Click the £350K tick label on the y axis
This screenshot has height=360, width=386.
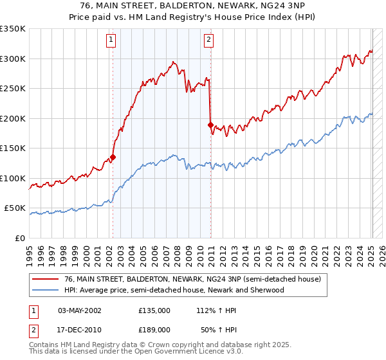tap(13, 29)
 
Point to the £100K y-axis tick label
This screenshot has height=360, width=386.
tap(13, 178)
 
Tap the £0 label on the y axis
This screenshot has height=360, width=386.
tap(19, 238)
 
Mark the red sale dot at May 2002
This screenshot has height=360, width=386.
tap(113, 157)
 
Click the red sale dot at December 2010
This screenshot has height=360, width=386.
tap(210, 125)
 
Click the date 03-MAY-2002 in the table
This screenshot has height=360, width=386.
tap(80, 310)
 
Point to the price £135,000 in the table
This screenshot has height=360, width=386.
tap(154, 310)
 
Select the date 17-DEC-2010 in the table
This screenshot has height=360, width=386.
tap(80, 329)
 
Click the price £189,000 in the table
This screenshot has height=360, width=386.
tap(154, 329)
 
